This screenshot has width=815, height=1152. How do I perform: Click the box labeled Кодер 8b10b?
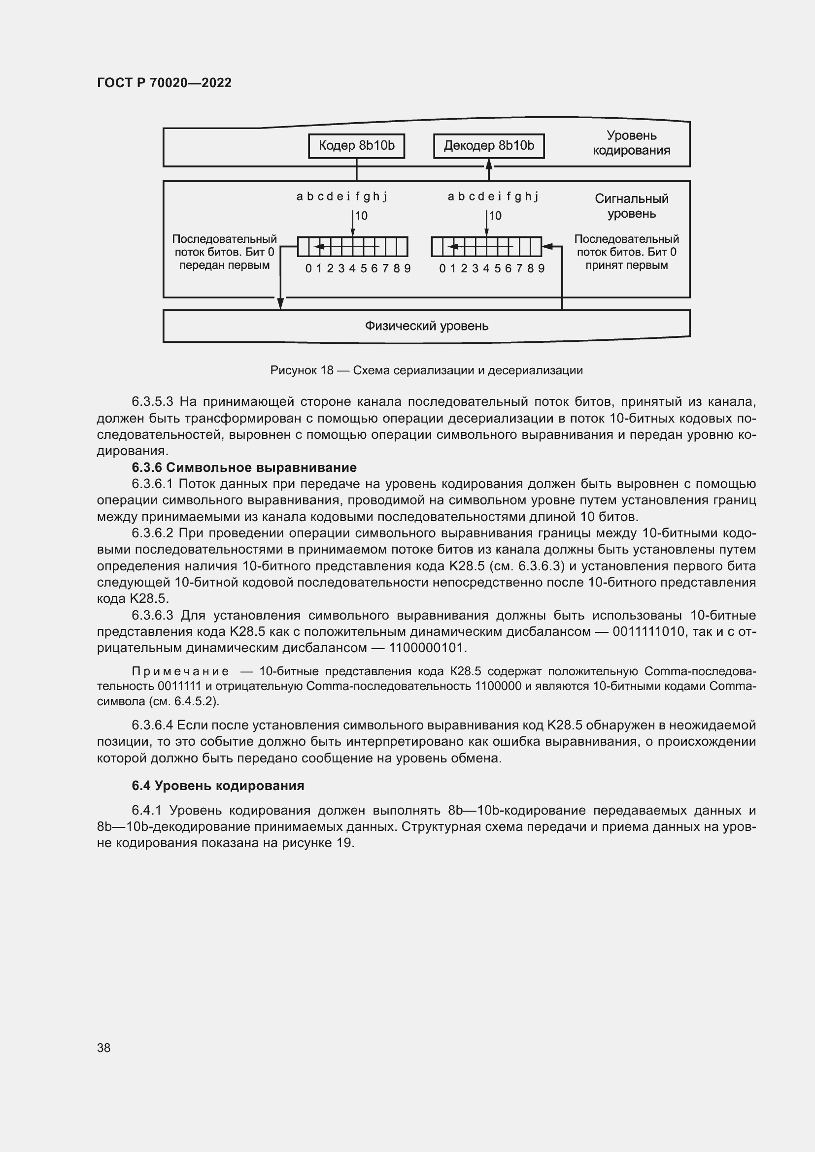point(356,146)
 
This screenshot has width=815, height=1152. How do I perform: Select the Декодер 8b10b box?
point(489,146)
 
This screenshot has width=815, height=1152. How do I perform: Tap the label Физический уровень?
point(426,326)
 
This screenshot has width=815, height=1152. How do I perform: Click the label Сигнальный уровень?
point(631,206)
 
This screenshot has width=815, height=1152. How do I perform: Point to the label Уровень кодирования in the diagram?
point(631,143)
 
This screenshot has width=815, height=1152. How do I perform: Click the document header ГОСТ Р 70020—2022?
point(164,83)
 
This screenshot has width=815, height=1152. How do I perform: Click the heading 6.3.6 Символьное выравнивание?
point(244,467)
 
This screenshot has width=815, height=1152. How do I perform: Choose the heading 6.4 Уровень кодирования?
point(218,785)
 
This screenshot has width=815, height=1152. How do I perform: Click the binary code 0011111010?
point(648,631)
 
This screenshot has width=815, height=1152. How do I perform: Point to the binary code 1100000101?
point(428,648)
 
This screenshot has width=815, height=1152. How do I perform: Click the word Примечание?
point(180,671)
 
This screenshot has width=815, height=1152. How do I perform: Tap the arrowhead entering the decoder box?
point(489,164)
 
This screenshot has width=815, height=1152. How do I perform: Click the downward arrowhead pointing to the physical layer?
point(280,303)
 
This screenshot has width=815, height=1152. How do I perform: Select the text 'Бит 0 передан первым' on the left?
point(224,259)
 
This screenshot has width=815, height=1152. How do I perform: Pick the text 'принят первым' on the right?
point(626,265)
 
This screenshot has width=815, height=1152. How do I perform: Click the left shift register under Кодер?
point(352,246)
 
